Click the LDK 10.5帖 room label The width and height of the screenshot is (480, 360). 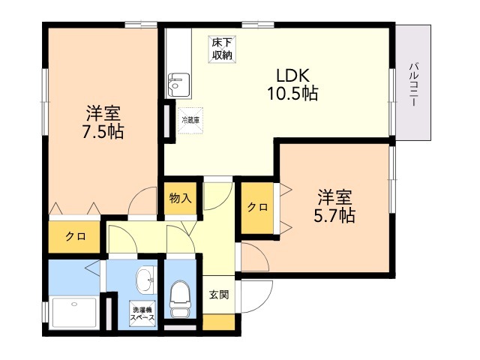coord(293,85)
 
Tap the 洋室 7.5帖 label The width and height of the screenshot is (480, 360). coord(103,122)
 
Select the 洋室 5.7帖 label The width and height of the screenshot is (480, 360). coord(334,206)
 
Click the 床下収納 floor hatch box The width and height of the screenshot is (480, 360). coord(223,49)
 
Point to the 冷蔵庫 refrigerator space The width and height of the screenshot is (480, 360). coord(190,120)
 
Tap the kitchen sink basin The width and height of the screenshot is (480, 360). coord(178,85)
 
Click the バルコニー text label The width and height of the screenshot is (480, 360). coord(414,84)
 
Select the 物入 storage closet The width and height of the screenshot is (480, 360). coord(180,198)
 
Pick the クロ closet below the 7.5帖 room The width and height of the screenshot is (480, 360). coord(74,237)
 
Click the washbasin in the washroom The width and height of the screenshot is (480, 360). coord(145,280)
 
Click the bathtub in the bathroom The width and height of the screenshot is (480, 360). coord(74,313)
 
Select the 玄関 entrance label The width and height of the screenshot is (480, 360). coord(219,295)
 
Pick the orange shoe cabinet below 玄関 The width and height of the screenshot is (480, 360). coord(218,322)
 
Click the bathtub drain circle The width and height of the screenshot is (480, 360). coord(73,304)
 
